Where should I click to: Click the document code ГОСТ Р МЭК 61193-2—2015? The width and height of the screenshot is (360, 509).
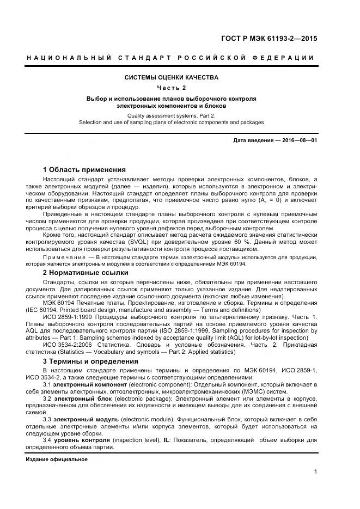coord(269,39)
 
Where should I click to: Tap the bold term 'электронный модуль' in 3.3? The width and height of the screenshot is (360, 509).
coord(83,420)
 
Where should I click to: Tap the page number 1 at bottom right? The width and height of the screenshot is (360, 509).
coord(315,471)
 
